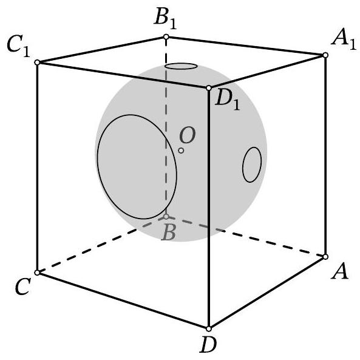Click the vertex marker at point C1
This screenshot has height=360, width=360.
pos(37,62)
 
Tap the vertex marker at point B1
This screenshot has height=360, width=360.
pos(166,37)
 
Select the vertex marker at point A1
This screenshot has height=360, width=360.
pos(325,55)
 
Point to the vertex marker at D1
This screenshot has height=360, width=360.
pos(209,87)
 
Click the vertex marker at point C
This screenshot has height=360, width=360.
pos(37,273)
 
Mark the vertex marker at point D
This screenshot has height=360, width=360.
pos(209,329)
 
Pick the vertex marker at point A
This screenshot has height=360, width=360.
pos(325,257)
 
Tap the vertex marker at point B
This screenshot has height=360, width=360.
pos(166,217)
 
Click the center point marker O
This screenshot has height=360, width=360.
pos(181,151)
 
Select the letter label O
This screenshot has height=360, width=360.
pos(188,135)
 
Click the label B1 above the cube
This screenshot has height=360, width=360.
pos(165,20)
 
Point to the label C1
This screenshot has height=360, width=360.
pos(18,47)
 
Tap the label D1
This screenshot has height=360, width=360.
pos(227,101)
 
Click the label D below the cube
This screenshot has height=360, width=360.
pos(208,344)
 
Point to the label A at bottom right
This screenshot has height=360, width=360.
pos(340,271)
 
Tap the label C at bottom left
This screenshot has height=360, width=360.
pos(22,287)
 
